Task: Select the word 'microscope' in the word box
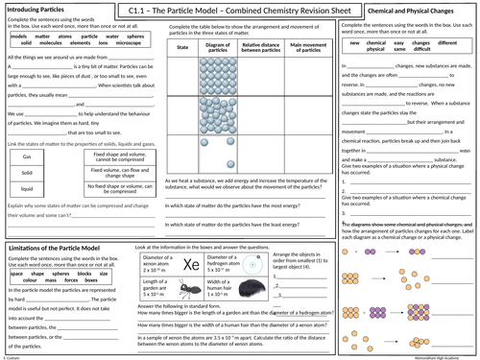coord(110,44)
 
